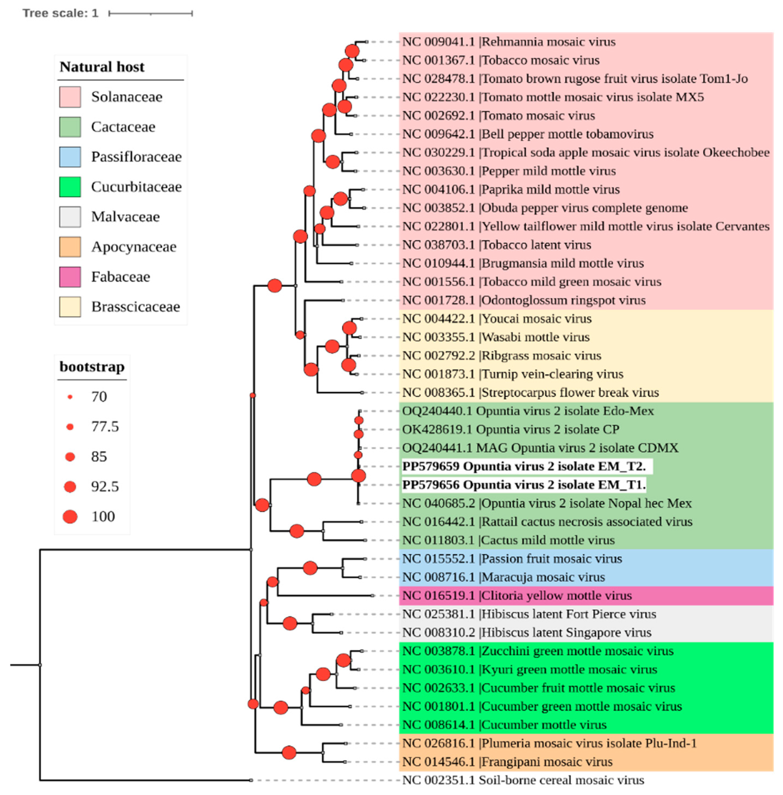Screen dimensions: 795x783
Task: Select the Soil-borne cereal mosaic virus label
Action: coord(523,780)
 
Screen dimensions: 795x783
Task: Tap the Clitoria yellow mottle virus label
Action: coord(517,595)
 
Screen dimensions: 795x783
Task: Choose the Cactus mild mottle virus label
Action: coord(508,540)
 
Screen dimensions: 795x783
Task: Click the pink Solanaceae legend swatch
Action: coord(70,97)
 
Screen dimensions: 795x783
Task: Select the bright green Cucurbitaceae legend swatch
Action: coord(70,187)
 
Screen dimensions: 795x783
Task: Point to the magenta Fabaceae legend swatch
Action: coord(70,277)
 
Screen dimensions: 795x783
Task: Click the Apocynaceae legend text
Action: coord(134,247)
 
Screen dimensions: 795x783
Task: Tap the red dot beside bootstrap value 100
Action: coord(70,516)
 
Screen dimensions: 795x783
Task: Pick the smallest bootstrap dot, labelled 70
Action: coord(70,397)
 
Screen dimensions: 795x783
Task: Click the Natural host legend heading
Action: coord(102,67)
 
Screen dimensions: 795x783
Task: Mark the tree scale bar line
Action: coord(150,14)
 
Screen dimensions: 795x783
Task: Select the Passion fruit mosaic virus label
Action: coord(512,558)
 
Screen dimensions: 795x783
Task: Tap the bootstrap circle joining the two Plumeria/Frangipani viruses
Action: coord(289,753)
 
